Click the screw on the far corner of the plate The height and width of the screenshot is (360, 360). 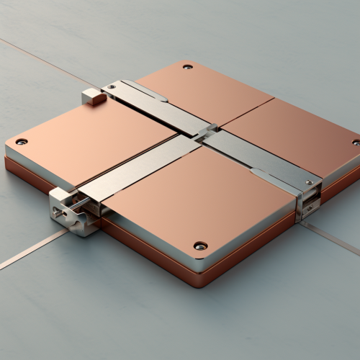pyautogui.click(x=188, y=67)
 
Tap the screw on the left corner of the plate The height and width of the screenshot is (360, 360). pyautogui.click(x=21, y=141)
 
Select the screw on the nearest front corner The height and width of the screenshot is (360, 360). pyautogui.click(x=200, y=246)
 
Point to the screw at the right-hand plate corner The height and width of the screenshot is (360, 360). pyautogui.click(x=356, y=143)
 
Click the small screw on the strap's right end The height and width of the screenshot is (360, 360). pyautogui.click(x=309, y=183)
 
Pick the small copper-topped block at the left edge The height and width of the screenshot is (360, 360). pyautogui.click(x=94, y=96)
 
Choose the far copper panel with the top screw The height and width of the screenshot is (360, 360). pyautogui.click(x=205, y=90)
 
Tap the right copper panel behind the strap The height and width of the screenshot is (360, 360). pyautogui.click(x=295, y=133)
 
